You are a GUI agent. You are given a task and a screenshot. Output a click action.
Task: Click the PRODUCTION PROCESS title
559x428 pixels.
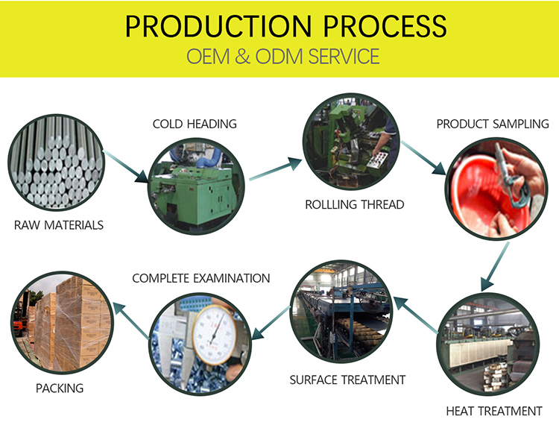click(x=285, y=25)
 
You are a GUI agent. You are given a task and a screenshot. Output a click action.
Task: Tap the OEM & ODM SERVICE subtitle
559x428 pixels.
click(x=282, y=57)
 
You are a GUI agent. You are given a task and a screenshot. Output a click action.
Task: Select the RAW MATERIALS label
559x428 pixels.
click(x=59, y=224)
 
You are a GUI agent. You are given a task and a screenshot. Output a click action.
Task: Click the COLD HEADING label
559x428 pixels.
click(x=195, y=124)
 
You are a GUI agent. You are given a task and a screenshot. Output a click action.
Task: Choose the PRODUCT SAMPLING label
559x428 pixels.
click(x=492, y=124)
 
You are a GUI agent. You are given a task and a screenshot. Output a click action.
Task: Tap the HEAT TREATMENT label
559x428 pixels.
click(x=493, y=411)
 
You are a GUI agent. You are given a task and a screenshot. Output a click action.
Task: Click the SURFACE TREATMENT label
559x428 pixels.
click(x=347, y=380)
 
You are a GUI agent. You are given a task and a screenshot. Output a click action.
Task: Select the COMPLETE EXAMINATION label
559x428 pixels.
click(x=200, y=278)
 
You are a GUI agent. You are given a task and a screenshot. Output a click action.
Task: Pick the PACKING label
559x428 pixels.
click(x=59, y=388)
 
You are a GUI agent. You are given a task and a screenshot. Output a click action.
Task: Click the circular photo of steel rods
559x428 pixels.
click(x=56, y=165)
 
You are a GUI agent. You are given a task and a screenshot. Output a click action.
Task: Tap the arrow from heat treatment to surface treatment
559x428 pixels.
click(x=414, y=312)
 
